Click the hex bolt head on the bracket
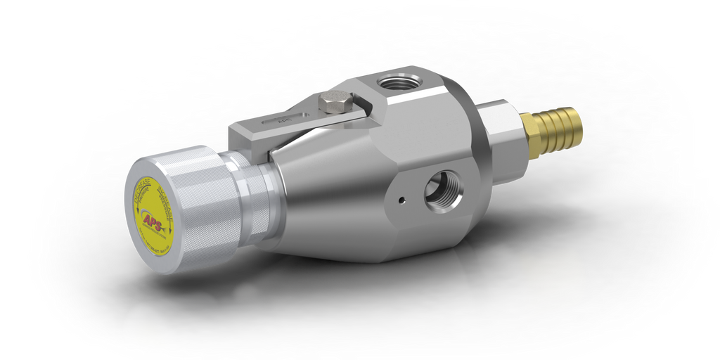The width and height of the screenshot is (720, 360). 333,104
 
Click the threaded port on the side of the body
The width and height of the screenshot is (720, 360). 443,188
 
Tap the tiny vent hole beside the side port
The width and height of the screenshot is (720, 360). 401,200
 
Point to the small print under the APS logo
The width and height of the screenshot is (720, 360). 156,239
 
